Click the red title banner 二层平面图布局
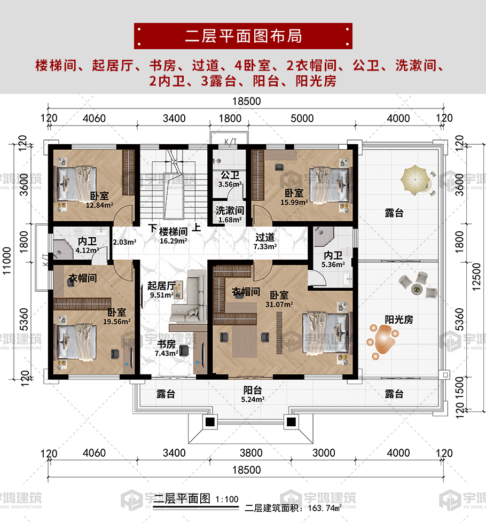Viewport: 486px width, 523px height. point(243,36)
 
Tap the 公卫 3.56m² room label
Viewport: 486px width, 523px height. point(230,179)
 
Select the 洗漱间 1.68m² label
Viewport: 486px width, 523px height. point(230,214)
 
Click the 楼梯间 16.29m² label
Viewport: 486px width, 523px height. point(173,236)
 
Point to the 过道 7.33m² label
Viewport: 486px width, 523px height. point(265,241)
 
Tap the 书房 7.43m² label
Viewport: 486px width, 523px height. point(167,348)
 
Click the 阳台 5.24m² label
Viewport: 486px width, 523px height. point(253,394)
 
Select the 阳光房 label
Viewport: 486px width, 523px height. point(399,319)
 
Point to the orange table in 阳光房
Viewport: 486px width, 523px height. point(383,340)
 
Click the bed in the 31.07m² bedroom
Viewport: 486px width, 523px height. point(327,332)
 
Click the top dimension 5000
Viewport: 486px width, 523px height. point(302,119)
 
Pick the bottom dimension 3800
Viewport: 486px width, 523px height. point(251,453)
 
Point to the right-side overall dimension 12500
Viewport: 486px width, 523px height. point(476,277)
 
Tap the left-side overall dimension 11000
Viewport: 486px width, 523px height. point(6,261)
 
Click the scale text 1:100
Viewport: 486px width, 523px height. point(227,499)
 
